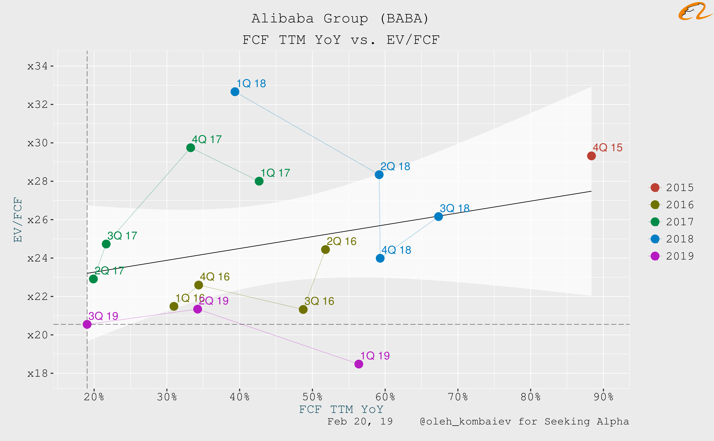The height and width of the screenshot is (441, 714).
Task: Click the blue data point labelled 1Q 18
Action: click(x=235, y=92)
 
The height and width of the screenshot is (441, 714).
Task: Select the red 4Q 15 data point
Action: click(x=591, y=156)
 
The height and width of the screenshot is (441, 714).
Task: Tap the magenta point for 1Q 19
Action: click(x=359, y=364)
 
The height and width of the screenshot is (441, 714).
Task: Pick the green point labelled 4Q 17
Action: click(x=190, y=148)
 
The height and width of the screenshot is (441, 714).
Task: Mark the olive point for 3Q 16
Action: click(x=303, y=309)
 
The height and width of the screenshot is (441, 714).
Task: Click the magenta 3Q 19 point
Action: click(x=87, y=324)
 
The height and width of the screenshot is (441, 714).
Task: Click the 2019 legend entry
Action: click(x=671, y=256)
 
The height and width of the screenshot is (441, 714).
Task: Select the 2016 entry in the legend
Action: click(x=671, y=205)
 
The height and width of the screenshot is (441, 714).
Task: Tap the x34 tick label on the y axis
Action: click(x=37, y=66)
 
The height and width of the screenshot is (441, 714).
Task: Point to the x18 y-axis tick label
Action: click(x=37, y=373)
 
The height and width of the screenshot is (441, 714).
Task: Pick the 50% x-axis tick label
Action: click(x=312, y=397)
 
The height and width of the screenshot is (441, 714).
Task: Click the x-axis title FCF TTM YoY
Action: click(x=341, y=409)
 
